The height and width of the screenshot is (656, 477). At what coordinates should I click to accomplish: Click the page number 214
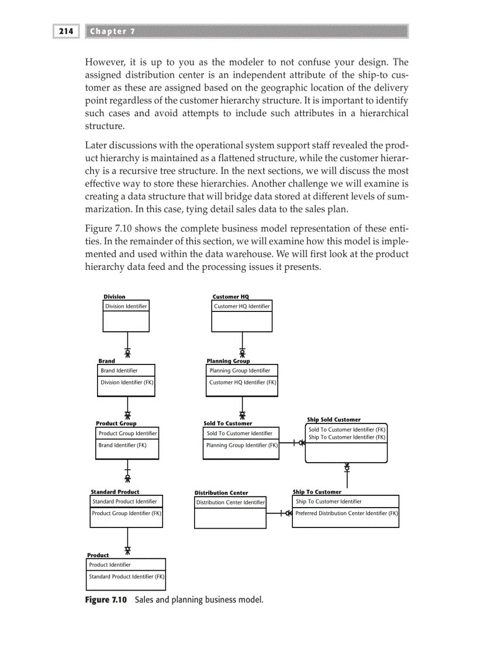pos(65,31)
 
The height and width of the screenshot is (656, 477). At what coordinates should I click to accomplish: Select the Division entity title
pos(115,297)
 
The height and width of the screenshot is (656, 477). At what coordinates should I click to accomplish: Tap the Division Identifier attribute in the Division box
pos(126,306)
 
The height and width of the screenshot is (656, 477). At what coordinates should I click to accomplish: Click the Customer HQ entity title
pos(230,297)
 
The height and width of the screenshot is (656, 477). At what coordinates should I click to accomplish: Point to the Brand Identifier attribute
pos(119,370)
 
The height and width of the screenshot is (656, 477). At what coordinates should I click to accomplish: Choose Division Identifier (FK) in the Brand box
pos(127,383)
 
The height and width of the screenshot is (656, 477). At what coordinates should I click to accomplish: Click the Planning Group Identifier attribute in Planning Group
pos(240,370)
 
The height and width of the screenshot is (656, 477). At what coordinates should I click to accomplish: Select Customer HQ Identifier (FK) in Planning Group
pos(243,383)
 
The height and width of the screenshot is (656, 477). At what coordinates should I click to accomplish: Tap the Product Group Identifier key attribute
pos(127,433)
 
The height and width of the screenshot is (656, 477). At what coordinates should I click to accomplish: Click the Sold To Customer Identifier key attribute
pos(239,433)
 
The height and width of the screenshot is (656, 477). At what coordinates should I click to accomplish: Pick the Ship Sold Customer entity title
pos(334,419)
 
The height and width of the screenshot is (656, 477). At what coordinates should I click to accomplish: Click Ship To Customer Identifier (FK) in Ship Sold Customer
pos(347,438)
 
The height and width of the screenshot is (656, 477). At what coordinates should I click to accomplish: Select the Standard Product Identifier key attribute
pos(125,501)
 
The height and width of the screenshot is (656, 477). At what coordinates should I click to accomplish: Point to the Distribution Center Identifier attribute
pos(230,502)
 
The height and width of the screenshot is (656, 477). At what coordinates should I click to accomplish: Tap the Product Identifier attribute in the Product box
pos(110,565)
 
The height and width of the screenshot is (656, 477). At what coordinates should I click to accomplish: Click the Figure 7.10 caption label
pos(106,600)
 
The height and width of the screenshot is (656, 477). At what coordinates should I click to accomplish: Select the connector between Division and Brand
pos(127,345)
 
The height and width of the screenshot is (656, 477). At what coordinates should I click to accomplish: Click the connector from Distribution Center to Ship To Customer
pos(279,513)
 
